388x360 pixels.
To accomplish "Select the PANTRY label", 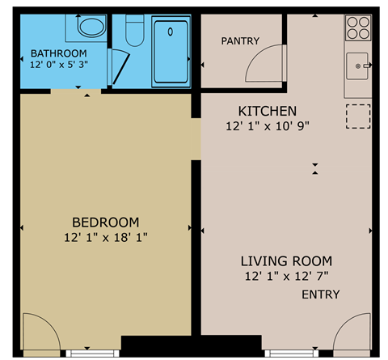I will point(239,41).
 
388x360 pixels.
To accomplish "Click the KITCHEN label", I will point(267,111).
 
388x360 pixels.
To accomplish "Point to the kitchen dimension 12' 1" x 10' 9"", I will point(268,125).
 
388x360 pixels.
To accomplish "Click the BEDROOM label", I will point(105,222).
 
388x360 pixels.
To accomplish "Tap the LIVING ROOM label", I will point(286,261).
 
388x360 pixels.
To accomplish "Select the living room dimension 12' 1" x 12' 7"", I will point(286,276).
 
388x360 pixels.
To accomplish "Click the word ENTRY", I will point(321,295).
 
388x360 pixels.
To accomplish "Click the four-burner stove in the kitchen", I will point(358,29).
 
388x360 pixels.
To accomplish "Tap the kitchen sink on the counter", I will point(356,63).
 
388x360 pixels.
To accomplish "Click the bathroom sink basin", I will point(90,28).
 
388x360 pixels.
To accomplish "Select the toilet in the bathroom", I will point(135,31).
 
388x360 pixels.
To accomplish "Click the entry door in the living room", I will point(351,334).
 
